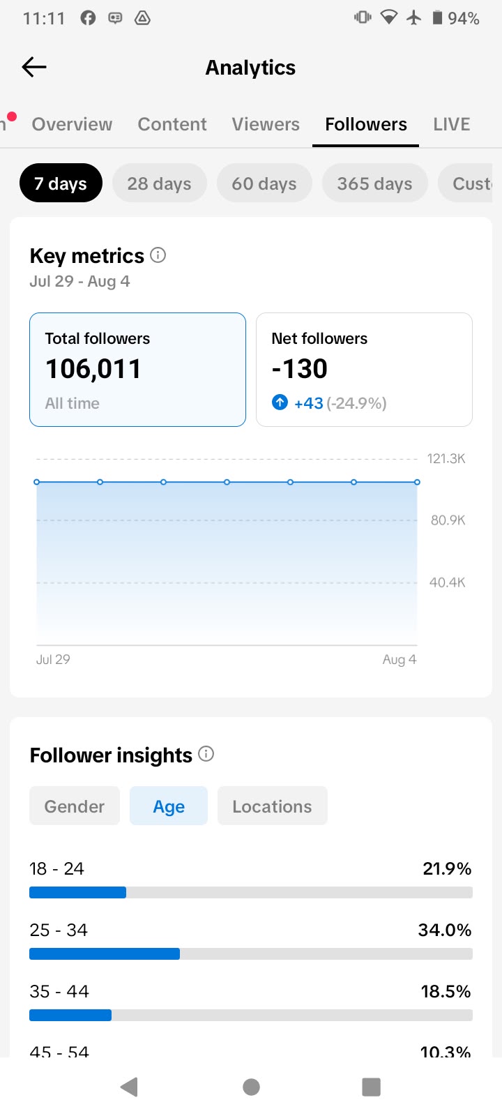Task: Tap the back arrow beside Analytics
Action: pyautogui.click(x=34, y=67)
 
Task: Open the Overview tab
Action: pyautogui.click(x=73, y=124)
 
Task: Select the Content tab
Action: pyautogui.click(x=172, y=124)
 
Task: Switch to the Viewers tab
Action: pyautogui.click(x=266, y=124)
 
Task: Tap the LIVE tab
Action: pyautogui.click(x=451, y=124)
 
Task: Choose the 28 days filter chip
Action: pyautogui.click(x=160, y=183)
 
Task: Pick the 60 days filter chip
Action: pyautogui.click(x=264, y=183)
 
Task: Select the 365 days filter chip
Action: pyautogui.click(x=374, y=183)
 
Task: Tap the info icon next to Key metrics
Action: pyautogui.click(x=158, y=255)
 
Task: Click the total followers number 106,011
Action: pyautogui.click(x=93, y=369)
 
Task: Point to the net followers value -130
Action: pyautogui.click(x=299, y=369)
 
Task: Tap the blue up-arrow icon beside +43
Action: pyautogui.click(x=280, y=402)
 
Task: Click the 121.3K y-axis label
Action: pyautogui.click(x=446, y=458)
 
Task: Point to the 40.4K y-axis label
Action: pyautogui.click(x=447, y=582)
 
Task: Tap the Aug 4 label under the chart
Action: pyautogui.click(x=399, y=659)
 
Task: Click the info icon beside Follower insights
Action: pyautogui.click(x=206, y=754)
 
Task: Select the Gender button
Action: pyautogui.click(x=75, y=806)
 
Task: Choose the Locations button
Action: pyautogui.click(x=273, y=806)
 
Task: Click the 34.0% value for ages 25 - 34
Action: pyautogui.click(x=444, y=930)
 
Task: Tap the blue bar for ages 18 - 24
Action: pyautogui.click(x=77, y=892)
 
